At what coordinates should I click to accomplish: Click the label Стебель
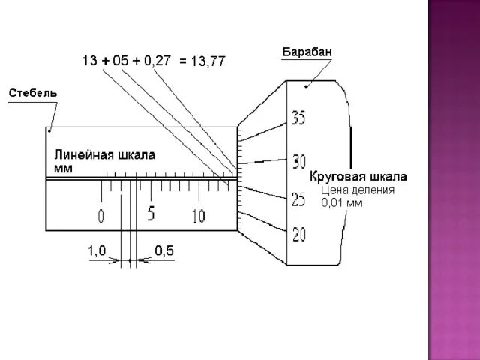tap(32, 93)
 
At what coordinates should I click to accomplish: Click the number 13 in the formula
tap(91, 60)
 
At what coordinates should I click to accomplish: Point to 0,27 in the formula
tap(157, 60)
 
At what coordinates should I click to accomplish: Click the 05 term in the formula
tap(121, 60)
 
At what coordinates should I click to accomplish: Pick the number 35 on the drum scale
tap(299, 118)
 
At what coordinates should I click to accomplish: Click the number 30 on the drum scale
tap(299, 160)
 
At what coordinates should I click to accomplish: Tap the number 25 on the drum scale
tap(298, 200)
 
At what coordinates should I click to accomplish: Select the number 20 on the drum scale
tap(299, 235)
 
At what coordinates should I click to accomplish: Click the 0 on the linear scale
tap(101, 217)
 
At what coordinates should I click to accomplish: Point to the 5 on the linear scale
tap(151, 214)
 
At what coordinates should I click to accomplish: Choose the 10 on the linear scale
tap(198, 217)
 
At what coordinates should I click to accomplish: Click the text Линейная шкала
tap(104, 155)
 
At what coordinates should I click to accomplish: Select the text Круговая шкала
tap(359, 177)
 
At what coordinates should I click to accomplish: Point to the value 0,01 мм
tap(341, 202)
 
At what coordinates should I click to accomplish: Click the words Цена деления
tap(358, 190)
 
